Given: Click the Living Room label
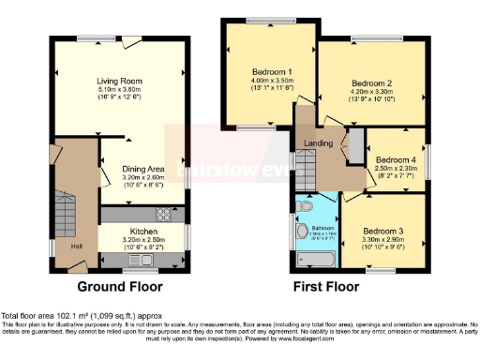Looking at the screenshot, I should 118,81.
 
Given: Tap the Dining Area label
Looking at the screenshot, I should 142,169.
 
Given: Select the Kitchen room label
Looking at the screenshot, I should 142,231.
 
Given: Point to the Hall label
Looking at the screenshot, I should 75,247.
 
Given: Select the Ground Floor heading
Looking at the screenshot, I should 119,287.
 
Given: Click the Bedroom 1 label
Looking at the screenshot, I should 272,71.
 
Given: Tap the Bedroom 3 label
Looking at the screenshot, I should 383,231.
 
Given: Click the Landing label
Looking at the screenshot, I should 319,142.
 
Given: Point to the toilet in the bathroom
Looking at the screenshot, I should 303,205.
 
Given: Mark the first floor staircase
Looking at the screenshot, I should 308,172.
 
